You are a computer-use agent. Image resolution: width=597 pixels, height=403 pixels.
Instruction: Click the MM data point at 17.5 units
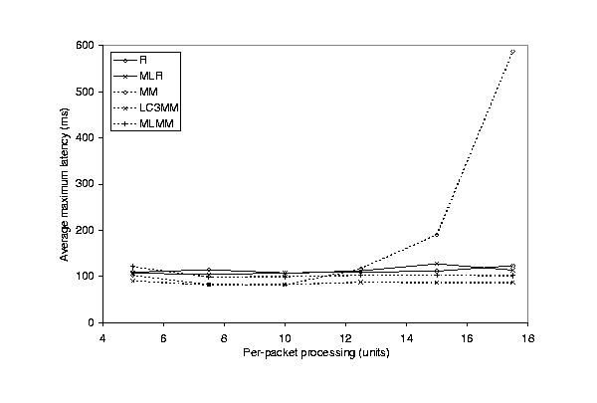(x=512, y=52)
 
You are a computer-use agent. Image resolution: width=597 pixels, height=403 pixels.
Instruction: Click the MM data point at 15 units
(x=437, y=235)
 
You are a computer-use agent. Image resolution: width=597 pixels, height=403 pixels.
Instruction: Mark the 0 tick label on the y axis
(x=92, y=323)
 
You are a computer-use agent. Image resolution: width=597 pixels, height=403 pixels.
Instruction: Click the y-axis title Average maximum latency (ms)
(x=65, y=184)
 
